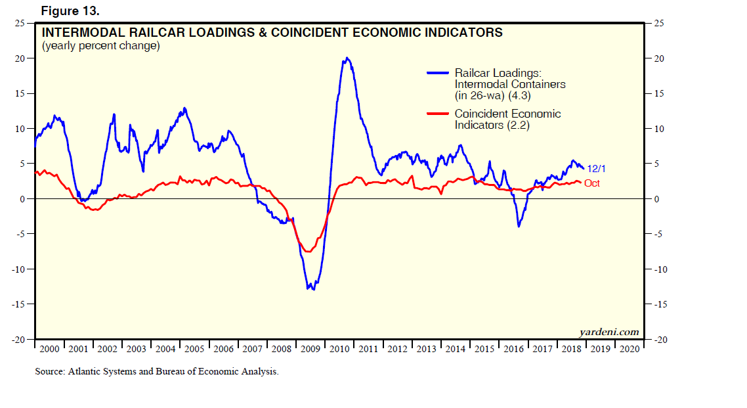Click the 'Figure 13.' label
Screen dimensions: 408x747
(70, 11)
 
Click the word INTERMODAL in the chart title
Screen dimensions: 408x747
(77, 32)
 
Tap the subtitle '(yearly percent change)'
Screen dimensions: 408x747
(100, 46)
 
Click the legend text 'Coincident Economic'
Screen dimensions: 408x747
(507, 114)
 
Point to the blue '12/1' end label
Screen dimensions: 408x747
(597, 169)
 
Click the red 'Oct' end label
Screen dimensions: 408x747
(591, 183)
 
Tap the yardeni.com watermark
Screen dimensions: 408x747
(608, 332)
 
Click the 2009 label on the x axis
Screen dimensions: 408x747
(310, 350)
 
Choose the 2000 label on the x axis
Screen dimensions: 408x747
(50, 350)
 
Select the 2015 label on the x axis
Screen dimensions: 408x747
(484, 350)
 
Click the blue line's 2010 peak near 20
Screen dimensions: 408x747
(347, 58)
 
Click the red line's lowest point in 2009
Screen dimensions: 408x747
(305, 251)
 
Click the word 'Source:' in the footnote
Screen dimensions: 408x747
(49, 372)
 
